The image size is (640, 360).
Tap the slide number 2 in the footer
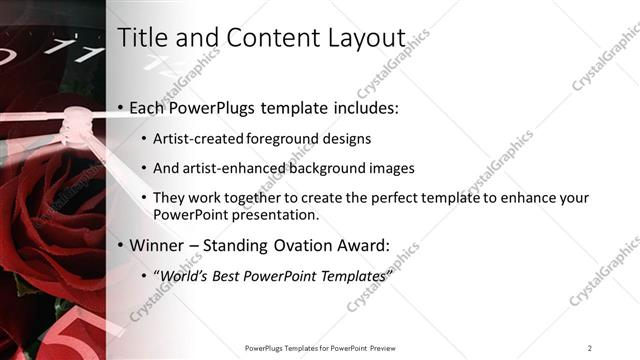pos(589,347)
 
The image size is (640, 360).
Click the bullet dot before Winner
pos(121,245)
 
